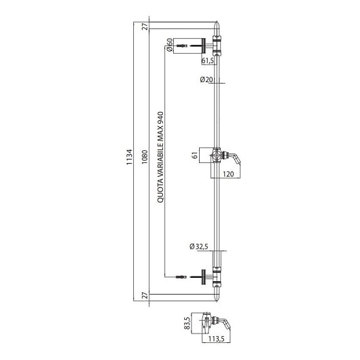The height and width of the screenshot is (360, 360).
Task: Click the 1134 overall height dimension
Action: pos(130,157)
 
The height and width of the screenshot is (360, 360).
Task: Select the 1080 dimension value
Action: pos(145,157)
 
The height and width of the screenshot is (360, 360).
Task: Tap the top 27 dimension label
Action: pos(145,26)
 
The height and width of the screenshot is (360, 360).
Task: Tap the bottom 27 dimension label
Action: pos(145,295)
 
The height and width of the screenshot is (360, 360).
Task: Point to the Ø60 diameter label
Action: pos(170,45)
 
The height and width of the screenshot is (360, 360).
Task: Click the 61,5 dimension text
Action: pos(208,61)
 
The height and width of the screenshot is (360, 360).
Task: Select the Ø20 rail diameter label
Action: pos(206,79)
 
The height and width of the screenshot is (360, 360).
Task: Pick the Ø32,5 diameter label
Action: pos(199,247)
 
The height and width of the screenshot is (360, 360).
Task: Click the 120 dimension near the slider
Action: pos(228,174)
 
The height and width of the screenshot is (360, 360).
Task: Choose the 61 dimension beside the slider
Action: pos(195,156)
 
